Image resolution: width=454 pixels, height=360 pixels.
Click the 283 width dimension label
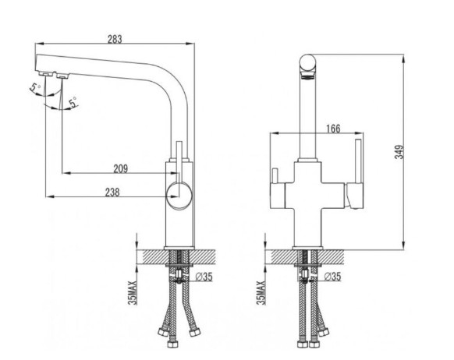click(x=115, y=39)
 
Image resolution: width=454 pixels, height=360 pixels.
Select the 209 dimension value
click(x=120, y=168)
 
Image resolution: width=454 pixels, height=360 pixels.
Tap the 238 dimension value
click(x=112, y=192)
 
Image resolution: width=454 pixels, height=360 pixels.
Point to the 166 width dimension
click(x=333, y=129)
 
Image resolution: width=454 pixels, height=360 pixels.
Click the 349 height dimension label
click(x=399, y=152)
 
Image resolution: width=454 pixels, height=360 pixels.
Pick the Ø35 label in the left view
click(x=204, y=277)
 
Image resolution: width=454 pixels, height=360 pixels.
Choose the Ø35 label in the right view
click(x=332, y=277)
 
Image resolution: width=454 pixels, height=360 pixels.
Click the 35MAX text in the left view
click(x=133, y=293)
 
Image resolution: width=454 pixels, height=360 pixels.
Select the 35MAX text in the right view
click(x=261, y=293)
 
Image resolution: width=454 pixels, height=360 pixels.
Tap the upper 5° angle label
click(x=35, y=87)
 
